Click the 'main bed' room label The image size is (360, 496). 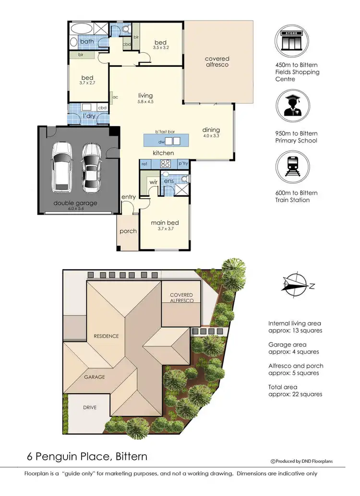165,223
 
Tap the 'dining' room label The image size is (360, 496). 211,130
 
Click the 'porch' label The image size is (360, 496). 128,231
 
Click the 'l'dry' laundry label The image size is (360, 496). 89,117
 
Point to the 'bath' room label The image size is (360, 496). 87,42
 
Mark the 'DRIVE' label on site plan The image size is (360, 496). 89,408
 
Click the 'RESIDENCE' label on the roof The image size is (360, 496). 106,336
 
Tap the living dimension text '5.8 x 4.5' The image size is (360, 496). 144,101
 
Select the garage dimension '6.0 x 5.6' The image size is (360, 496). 75,209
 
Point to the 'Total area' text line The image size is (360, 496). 283,387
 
